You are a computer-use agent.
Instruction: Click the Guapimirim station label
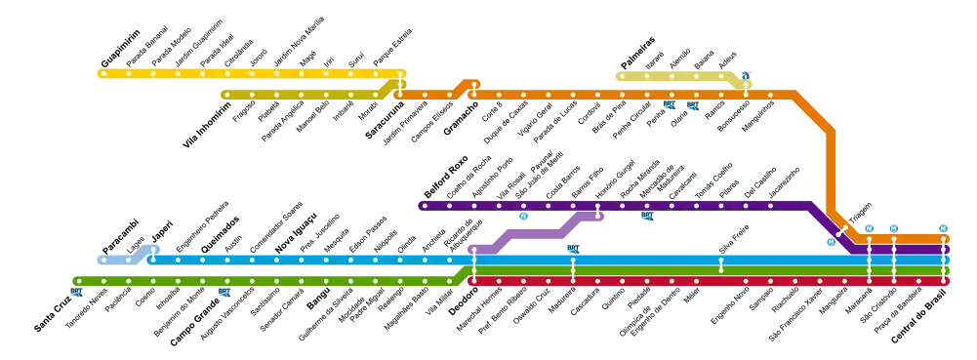[x=120, y=48]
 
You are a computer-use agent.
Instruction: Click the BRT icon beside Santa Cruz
[x=77, y=292]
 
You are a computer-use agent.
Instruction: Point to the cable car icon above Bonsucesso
[x=747, y=75]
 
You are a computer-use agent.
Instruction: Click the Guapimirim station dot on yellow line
[x=104, y=73]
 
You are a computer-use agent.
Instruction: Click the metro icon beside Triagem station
[x=832, y=242]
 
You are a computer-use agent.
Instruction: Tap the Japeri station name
[x=163, y=231]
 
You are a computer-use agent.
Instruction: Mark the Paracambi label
[x=121, y=236]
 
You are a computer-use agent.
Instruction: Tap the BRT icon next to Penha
[x=670, y=104]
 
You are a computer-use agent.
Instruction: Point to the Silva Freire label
[x=734, y=239]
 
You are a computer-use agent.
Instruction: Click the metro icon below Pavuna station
[x=524, y=217]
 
